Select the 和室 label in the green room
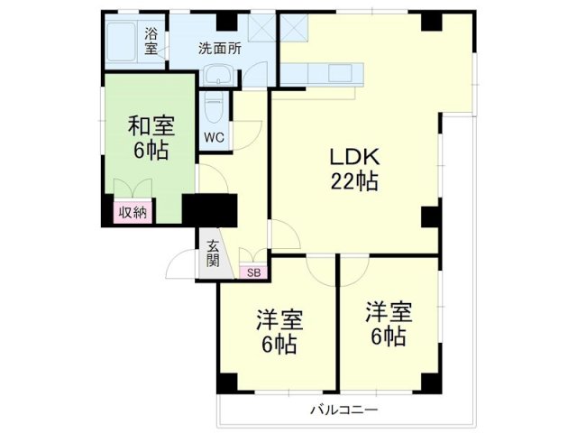pyautogui.click(x=151, y=125)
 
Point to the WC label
pyautogui.click(x=214, y=137)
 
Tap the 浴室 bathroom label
pyautogui.click(x=152, y=41)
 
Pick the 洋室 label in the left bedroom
pyautogui.click(x=279, y=320)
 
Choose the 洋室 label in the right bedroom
pyautogui.click(x=389, y=313)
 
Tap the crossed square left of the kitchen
pyautogui.click(x=261, y=28)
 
